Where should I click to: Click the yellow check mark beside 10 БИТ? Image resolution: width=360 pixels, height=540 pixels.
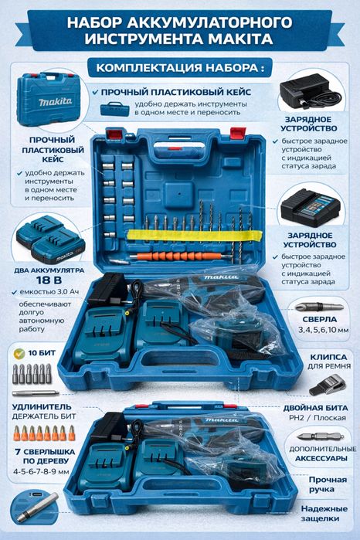[x=19, y=353]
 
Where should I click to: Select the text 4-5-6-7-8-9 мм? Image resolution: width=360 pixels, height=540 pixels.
[x=42, y=470]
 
